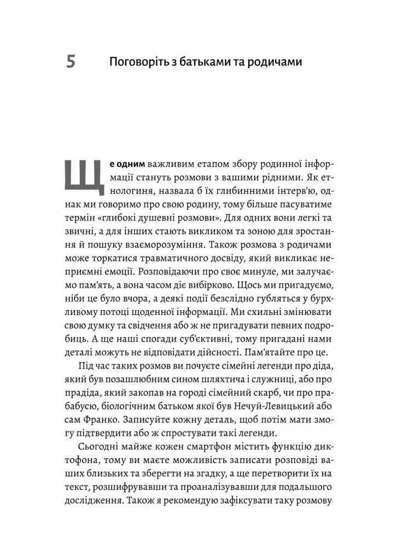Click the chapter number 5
coord(71,62)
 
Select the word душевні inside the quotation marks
coord(161,221)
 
